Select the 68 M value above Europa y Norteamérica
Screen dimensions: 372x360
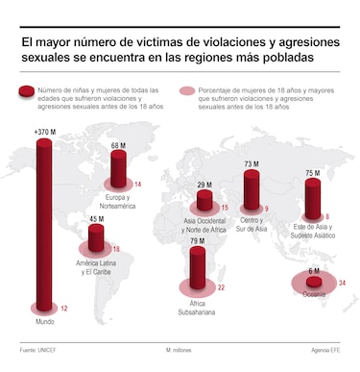(x=119, y=146)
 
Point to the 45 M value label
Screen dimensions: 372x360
(x=96, y=218)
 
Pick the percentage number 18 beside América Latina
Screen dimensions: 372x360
(x=117, y=248)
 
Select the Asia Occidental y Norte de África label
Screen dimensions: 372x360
(x=204, y=228)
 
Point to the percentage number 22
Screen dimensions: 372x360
(x=221, y=287)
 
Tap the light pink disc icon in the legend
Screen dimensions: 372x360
(x=184, y=91)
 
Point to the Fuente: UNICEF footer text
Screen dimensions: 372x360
(x=35, y=351)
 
